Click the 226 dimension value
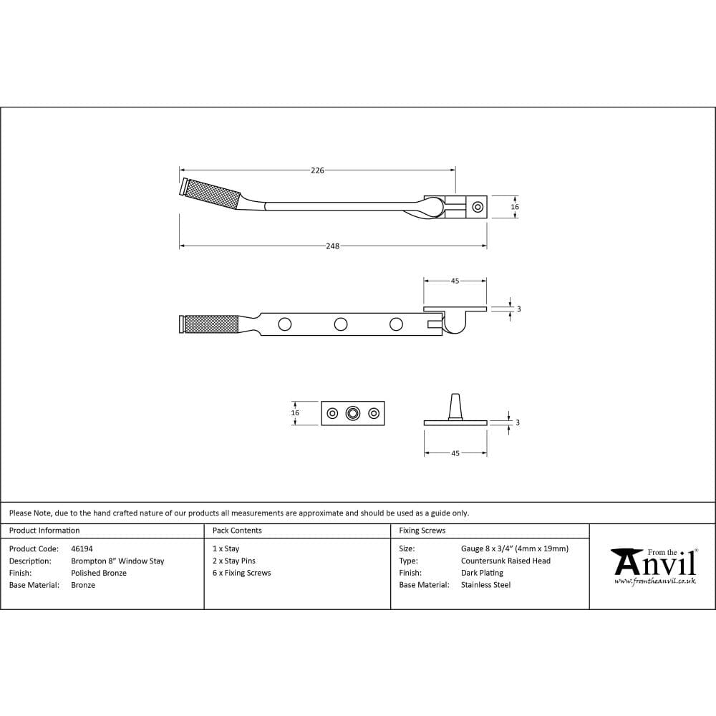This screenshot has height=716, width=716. point(317,170)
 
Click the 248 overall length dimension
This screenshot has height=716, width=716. point(332,246)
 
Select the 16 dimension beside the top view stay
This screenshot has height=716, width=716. point(514,207)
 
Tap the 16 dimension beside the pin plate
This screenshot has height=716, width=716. point(295,413)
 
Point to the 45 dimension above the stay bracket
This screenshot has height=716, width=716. point(455,281)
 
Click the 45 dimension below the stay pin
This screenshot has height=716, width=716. point(455,453)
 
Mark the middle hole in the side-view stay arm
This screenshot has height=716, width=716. point(341,324)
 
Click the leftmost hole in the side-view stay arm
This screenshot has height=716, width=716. point(285,324)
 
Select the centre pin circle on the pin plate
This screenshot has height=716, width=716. point(352,413)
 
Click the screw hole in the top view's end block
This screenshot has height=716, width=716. point(478,208)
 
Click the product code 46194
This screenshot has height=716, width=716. point(82,549)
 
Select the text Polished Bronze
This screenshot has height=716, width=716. point(99,574)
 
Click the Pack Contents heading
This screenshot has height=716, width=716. point(237,531)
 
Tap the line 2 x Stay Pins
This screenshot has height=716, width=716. point(234,561)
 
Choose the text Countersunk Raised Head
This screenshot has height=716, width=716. point(505,561)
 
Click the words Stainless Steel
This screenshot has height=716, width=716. point(485,586)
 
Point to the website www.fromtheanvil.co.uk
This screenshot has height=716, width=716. point(654,581)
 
